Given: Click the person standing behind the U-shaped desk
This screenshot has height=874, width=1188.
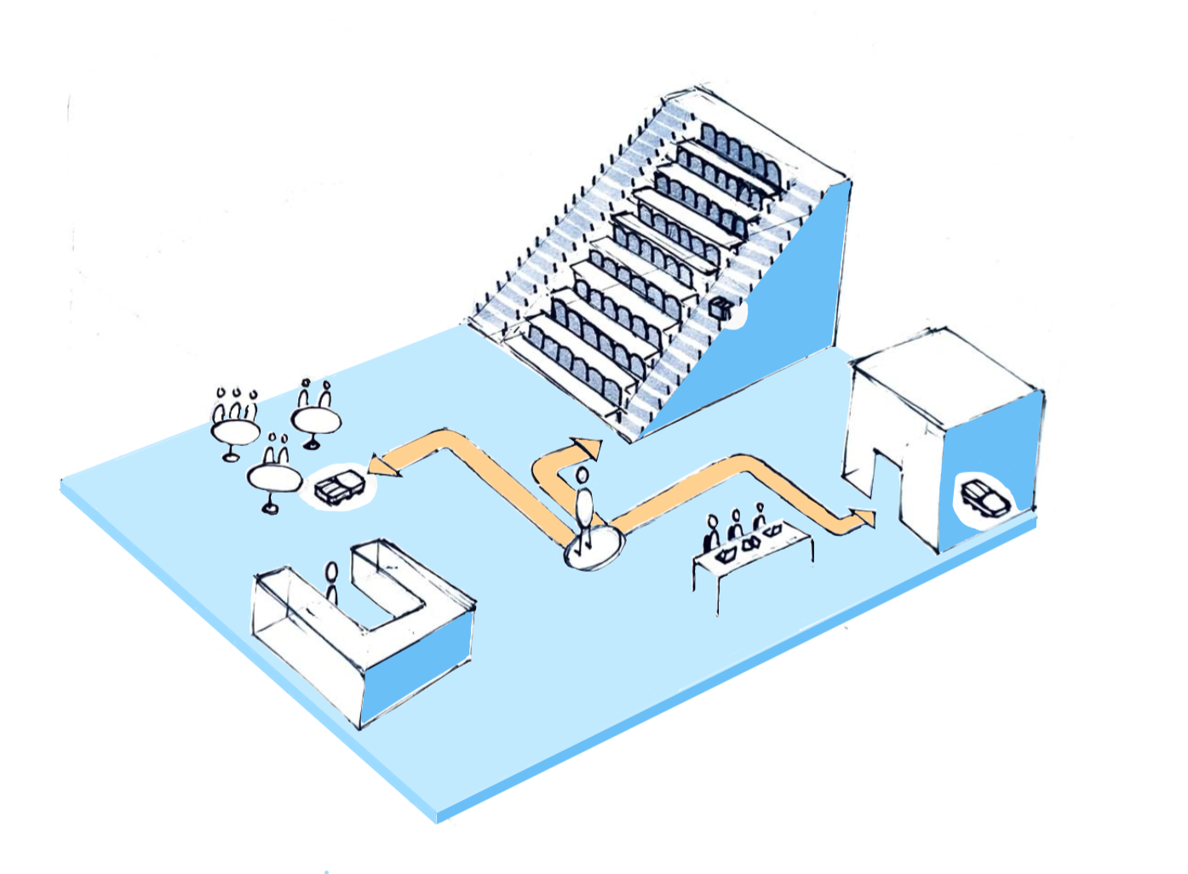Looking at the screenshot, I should click(x=331, y=582).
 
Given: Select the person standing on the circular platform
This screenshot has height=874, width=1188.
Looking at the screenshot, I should click(x=583, y=506).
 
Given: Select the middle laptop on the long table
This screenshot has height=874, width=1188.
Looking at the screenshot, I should click(x=751, y=543).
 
